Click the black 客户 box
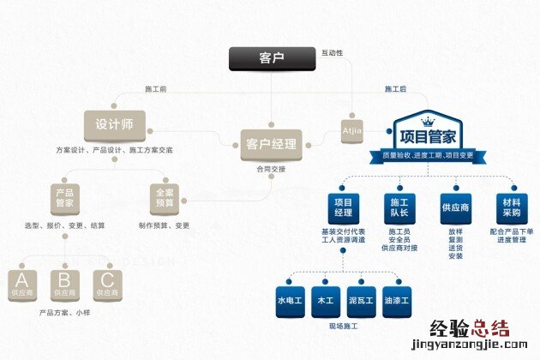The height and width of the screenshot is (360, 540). [x=270, y=59]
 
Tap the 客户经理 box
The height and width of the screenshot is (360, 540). [x=270, y=143]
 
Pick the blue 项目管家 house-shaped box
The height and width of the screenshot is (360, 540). [x=425, y=135]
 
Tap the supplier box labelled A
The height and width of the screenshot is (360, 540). [x=21, y=284]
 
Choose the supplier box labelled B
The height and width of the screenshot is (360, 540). [x=64, y=284]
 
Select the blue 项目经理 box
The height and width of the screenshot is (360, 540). [x=343, y=206]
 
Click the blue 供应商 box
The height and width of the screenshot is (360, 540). [x=455, y=206]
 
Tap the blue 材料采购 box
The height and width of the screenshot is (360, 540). [x=511, y=206]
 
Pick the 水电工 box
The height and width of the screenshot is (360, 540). [x=289, y=301]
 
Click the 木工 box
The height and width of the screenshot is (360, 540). [x=326, y=301]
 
